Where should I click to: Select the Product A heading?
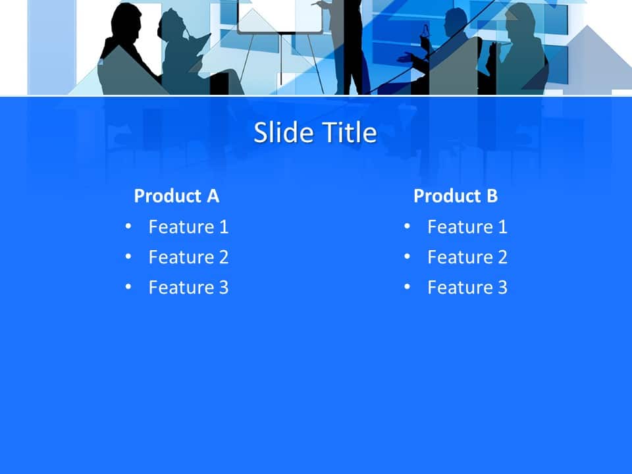176,196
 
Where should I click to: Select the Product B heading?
456,196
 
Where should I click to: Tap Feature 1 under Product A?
188,227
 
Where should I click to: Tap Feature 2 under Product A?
188,257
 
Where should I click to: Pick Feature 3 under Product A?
188,288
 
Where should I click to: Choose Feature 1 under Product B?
467,227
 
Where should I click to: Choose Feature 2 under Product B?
467,257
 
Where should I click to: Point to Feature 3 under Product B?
467,288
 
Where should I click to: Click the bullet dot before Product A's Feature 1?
128,227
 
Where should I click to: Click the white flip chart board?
280,16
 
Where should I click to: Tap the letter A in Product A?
213,196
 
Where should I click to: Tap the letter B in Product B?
492,196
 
